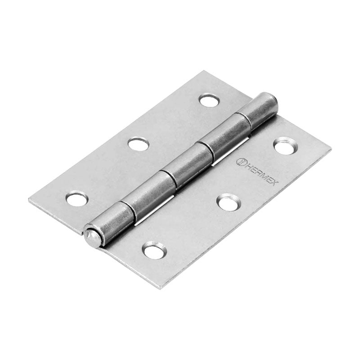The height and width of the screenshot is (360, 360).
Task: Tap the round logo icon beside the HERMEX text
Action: (x=241, y=161)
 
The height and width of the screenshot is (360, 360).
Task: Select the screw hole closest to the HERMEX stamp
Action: (x=284, y=146)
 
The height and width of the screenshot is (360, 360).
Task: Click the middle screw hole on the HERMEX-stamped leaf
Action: (x=228, y=202)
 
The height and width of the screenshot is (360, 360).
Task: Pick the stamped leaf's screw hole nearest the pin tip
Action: (x=154, y=250)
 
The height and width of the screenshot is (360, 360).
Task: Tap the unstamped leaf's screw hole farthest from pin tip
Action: (x=209, y=100)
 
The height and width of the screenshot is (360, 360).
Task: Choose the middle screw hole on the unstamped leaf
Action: (x=138, y=144)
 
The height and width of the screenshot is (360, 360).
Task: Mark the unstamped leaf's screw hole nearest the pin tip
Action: (x=77, y=198)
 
